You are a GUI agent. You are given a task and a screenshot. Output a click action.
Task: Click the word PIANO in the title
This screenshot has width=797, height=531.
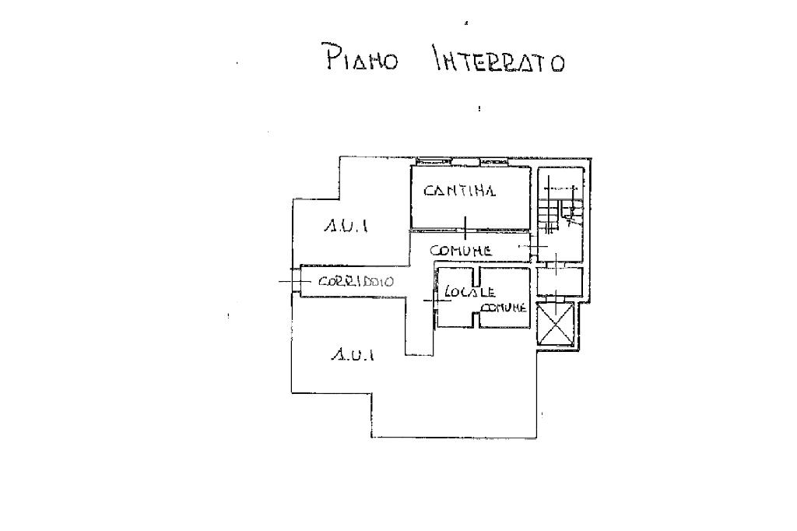(x=360, y=58)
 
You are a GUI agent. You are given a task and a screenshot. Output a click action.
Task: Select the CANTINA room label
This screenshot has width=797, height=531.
(x=459, y=190)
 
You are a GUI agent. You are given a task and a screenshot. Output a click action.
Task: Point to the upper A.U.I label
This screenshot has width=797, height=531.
(x=346, y=227)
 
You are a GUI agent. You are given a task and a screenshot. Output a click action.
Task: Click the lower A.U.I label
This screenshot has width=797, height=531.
(x=353, y=355)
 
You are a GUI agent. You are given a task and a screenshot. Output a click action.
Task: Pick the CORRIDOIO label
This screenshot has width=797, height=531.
(x=356, y=281)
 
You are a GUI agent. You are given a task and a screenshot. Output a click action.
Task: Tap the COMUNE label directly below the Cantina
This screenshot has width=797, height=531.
(x=461, y=251)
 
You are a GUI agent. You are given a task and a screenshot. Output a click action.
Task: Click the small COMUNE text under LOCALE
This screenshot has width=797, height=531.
(x=504, y=308)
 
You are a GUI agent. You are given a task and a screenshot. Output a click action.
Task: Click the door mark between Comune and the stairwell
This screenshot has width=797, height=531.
(x=534, y=247)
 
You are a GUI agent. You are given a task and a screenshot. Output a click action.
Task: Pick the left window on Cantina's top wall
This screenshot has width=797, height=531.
(x=434, y=161)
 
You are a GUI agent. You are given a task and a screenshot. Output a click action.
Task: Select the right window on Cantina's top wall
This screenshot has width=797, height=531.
(x=493, y=161)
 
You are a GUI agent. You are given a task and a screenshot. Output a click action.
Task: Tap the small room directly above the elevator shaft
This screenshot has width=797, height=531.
(x=559, y=280)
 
